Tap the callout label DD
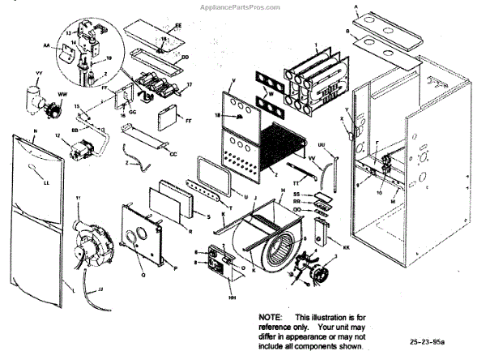pyautogui.click(x=185, y=58)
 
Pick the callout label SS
pyautogui.click(x=296, y=195)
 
